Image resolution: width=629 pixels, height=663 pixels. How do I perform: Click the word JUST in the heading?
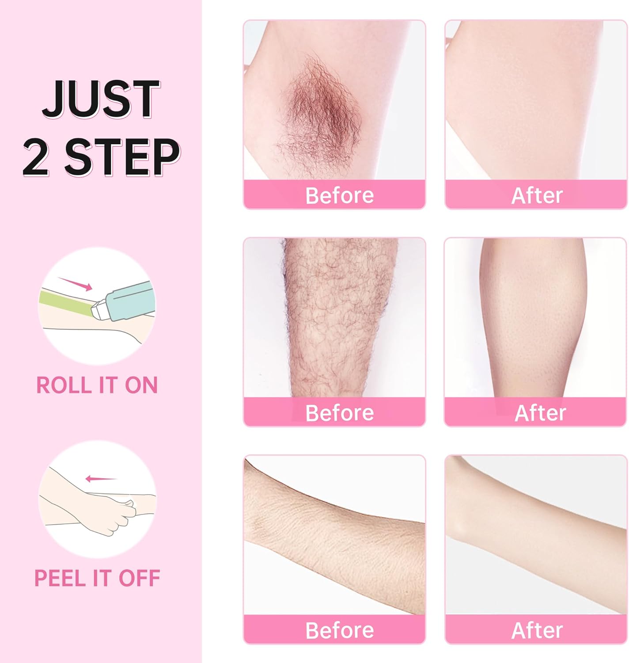click(101, 99)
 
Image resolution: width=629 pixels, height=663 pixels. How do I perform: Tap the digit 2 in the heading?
click(36, 157)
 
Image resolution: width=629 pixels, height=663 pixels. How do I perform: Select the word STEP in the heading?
click(122, 157)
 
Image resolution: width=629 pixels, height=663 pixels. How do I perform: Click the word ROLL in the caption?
click(64, 385)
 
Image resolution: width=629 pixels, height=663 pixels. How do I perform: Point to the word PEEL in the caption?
click(60, 578)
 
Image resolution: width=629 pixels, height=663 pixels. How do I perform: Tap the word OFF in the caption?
click(140, 578)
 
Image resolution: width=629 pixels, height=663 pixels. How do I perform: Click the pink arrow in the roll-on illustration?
click(75, 284)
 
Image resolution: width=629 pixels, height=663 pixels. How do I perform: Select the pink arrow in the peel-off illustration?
click(101, 479)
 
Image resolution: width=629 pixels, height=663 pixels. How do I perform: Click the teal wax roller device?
click(125, 301)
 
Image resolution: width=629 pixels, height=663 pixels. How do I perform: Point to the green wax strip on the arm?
click(66, 303)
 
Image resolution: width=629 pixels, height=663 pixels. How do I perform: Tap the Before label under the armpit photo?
click(339, 195)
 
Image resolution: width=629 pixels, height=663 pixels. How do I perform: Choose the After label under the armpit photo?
click(537, 195)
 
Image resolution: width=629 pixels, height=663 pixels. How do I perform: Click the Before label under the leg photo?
click(339, 413)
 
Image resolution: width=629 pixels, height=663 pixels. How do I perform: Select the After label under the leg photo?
click(540, 413)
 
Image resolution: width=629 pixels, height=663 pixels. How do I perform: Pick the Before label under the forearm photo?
click(339, 630)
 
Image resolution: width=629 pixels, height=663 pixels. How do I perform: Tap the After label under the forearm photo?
click(537, 630)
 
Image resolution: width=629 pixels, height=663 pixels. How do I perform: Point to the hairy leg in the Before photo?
click(339, 317)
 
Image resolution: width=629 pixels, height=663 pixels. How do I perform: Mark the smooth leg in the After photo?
click(533, 317)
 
